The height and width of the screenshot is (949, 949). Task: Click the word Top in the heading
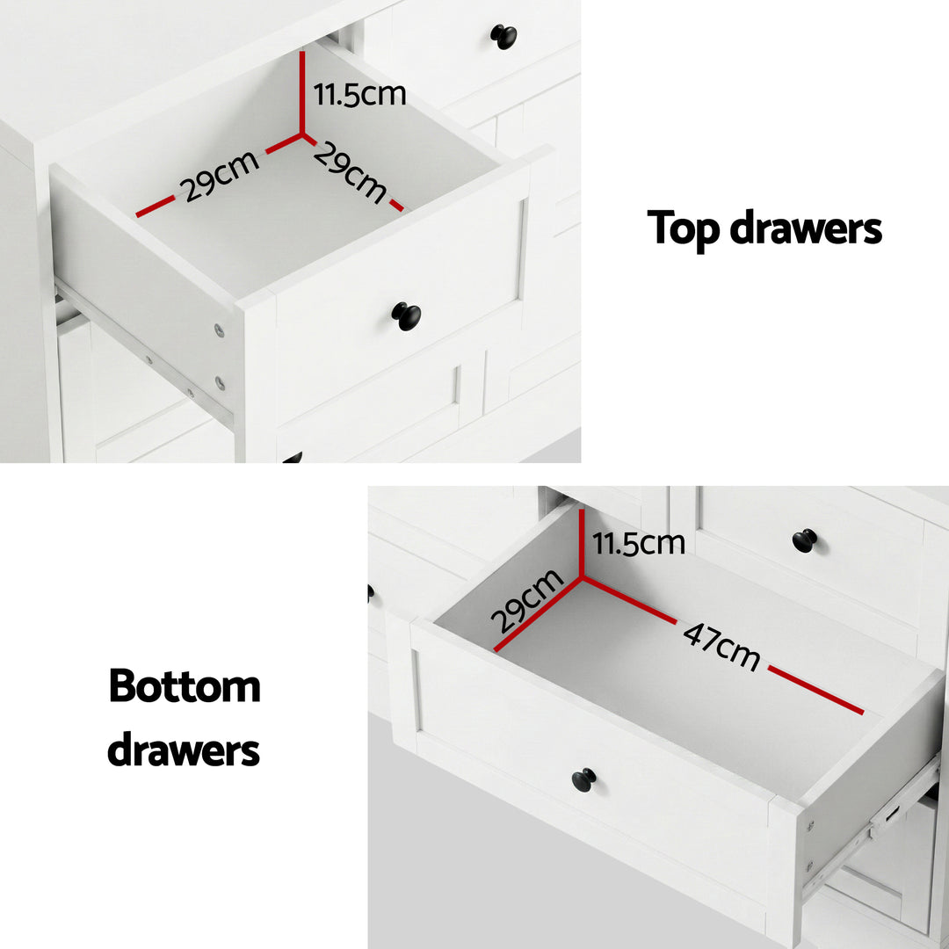click(683, 228)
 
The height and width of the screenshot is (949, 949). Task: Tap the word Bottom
click(185, 686)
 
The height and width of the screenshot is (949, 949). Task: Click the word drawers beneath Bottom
click(184, 751)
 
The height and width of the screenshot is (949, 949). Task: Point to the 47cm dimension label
click(721, 647)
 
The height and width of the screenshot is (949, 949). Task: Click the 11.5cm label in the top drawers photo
click(360, 93)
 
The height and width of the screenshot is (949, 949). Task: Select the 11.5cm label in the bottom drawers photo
click(639, 543)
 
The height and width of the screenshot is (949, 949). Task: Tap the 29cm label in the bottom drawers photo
click(527, 601)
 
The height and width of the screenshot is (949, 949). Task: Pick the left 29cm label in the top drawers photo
click(221, 177)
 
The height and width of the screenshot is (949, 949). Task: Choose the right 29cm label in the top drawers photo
click(350, 173)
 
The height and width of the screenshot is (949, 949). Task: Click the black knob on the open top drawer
click(406, 315)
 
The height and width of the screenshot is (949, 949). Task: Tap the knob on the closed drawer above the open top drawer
click(503, 36)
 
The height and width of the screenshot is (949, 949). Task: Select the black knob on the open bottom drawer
click(583, 779)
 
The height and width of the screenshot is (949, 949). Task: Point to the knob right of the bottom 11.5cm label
click(804, 540)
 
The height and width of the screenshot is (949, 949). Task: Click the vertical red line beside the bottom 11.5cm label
click(582, 543)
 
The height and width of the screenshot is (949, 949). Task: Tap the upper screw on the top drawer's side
click(219, 330)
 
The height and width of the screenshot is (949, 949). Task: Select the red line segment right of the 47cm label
click(816, 690)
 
